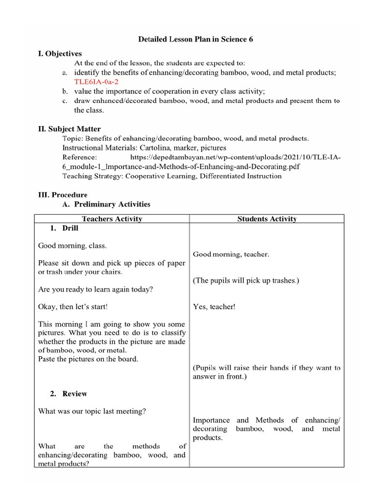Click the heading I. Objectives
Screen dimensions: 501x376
tap(60, 54)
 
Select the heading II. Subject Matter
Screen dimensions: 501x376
tap(70, 129)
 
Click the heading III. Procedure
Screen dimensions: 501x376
tap(63, 195)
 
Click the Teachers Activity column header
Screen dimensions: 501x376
tap(112, 219)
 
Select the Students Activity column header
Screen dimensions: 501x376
tap(267, 219)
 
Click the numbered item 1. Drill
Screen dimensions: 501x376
tap(64, 228)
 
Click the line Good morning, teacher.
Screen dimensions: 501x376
tap(231, 254)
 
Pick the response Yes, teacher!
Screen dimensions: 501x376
tap(214, 307)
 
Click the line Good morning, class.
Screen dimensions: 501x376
tap(72, 246)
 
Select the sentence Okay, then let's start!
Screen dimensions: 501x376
tap(73, 307)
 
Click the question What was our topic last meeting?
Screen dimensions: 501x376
tap(92, 411)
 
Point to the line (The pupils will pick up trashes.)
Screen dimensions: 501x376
tap(246, 280)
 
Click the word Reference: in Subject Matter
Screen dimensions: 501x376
tap(80, 157)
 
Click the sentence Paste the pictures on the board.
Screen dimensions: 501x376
tap(88, 359)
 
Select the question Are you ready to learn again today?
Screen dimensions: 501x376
tap(95, 289)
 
